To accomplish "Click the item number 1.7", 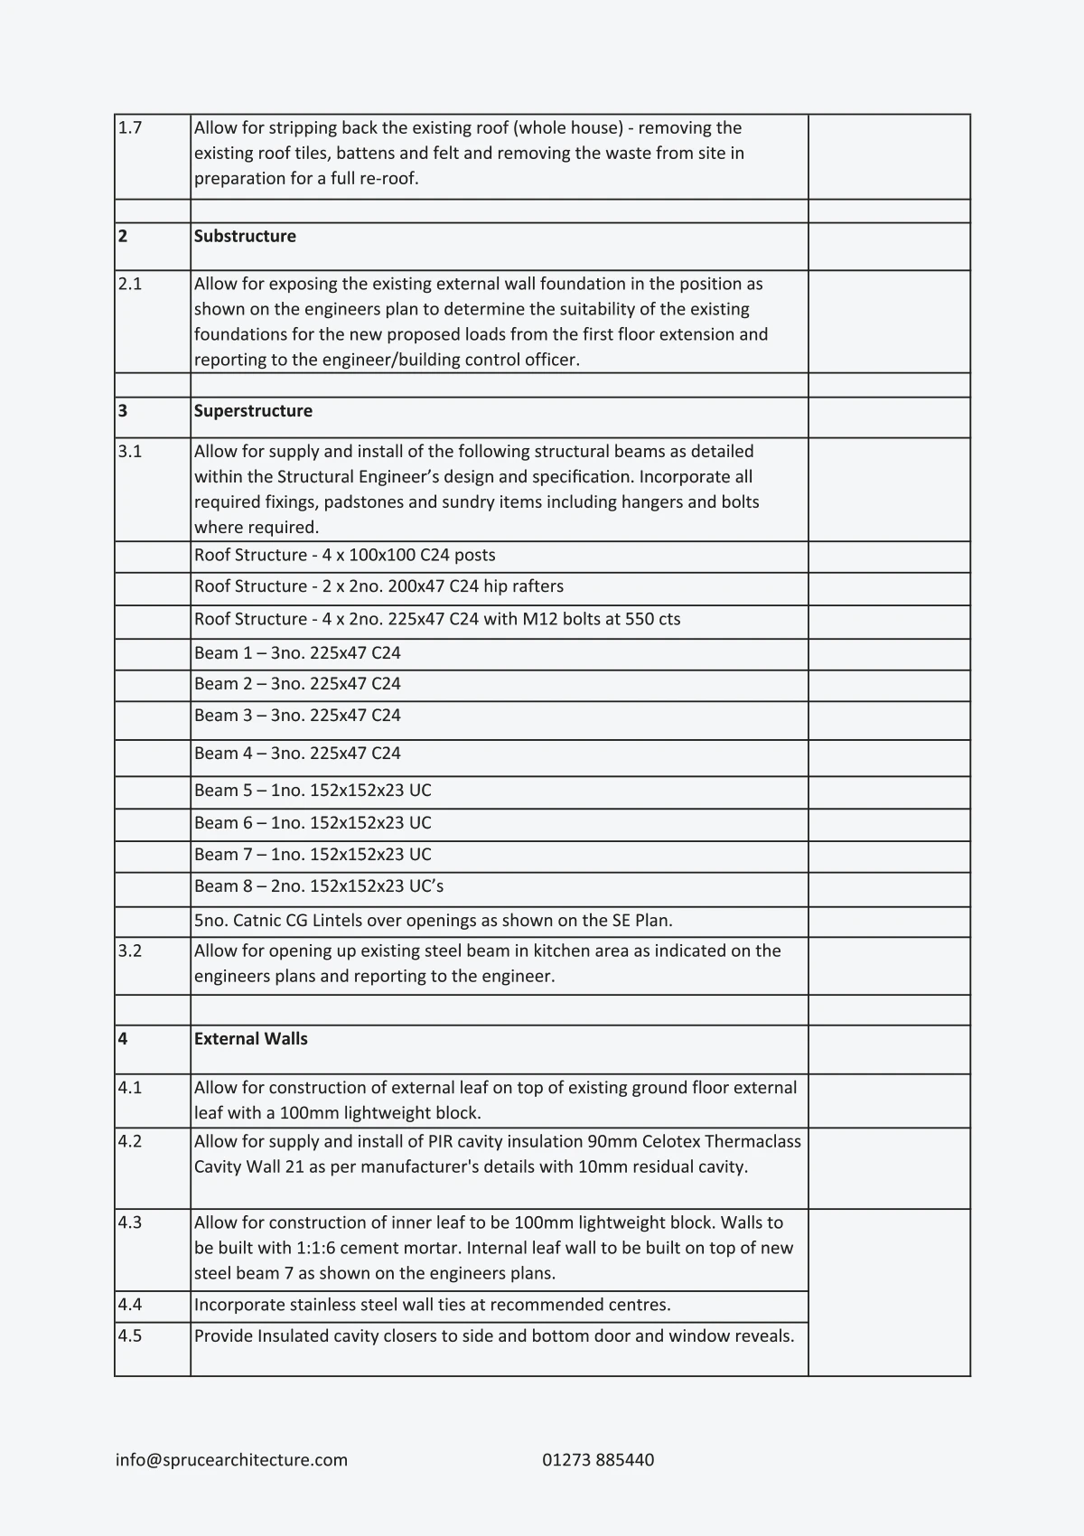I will [130, 127].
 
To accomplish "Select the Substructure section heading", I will [245, 236].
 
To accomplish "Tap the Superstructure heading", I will [253, 410].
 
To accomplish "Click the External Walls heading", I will [250, 1038].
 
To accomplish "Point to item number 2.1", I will [130, 284].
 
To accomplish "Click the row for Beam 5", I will [313, 790].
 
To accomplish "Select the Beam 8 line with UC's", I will [318, 885].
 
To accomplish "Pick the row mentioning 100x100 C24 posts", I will [344, 555].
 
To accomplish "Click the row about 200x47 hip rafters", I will [378, 585].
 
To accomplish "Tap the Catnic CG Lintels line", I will [433, 921].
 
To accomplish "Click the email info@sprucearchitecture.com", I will [231, 1459].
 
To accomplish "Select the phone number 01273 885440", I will [598, 1459].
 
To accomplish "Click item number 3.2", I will [130, 951].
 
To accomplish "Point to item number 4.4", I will [130, 1304].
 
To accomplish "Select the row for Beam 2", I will [297, 683].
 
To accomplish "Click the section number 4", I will [123, 1038].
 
